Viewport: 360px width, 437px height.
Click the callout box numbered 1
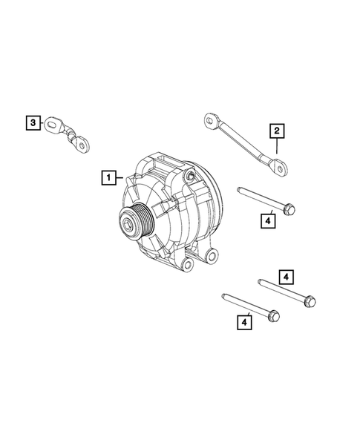tap(108, 177)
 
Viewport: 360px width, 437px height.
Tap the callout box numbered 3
tap(33, 122)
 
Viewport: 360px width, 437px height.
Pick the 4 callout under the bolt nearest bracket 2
tap(268, 220)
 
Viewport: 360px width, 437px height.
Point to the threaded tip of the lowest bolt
tap(224, 297)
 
